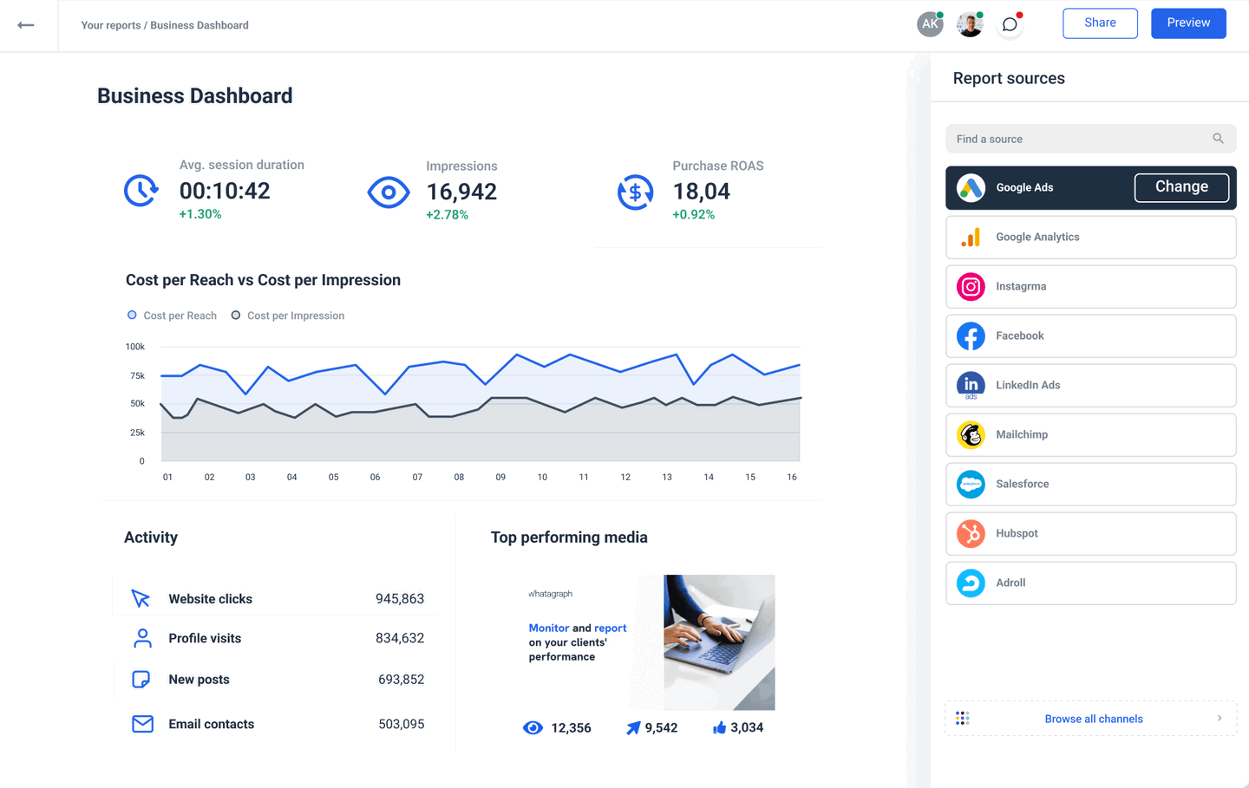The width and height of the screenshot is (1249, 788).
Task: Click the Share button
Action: coord(1100,23)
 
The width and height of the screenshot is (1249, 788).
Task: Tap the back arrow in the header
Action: coord(26,25)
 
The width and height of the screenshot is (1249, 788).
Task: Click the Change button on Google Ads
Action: coord(1181,187)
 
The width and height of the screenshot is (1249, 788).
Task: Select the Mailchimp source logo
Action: coord(971,434)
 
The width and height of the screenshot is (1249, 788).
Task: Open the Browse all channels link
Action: coord(1093,719)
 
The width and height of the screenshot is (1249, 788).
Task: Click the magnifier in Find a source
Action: coord(1218,139)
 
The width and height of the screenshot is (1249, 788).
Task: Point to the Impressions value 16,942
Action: coord(461,192)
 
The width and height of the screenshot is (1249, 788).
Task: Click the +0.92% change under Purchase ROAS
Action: coord(693,214)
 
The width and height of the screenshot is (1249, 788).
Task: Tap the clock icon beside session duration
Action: coord(141,191)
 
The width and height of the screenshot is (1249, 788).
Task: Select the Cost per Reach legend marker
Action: coord(132,316)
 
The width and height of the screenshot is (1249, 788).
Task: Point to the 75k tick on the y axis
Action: coord(137,375)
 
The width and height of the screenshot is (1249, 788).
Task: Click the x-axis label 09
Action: coord(500,477)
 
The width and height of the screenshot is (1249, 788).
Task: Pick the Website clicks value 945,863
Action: coord(399,599)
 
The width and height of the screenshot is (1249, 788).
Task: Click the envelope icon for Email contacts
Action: coord(142,724)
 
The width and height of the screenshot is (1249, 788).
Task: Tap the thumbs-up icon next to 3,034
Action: coord(719,728)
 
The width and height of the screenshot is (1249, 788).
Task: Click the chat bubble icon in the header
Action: coord(1010,24)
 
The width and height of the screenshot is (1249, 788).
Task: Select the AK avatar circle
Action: coord(930,24)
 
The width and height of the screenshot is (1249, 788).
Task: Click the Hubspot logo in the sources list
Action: coord(971,533)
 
